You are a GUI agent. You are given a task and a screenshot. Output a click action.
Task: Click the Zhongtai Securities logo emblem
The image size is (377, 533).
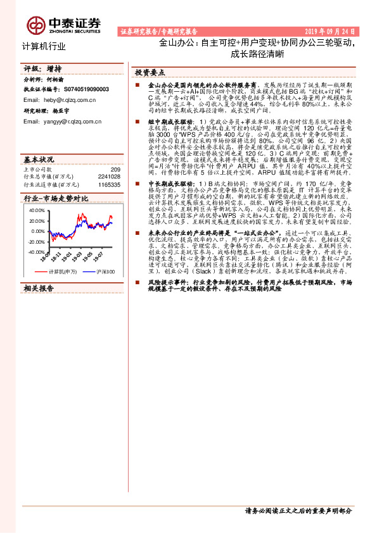[36, 25]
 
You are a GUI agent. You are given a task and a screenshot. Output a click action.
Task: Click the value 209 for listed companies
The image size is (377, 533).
[115, 170]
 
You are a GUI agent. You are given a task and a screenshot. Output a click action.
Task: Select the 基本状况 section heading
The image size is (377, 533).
[37, 158]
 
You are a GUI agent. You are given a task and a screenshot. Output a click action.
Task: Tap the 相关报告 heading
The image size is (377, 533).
[37, 287]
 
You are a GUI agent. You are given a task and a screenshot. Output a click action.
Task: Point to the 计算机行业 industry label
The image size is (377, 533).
[44, 46]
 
